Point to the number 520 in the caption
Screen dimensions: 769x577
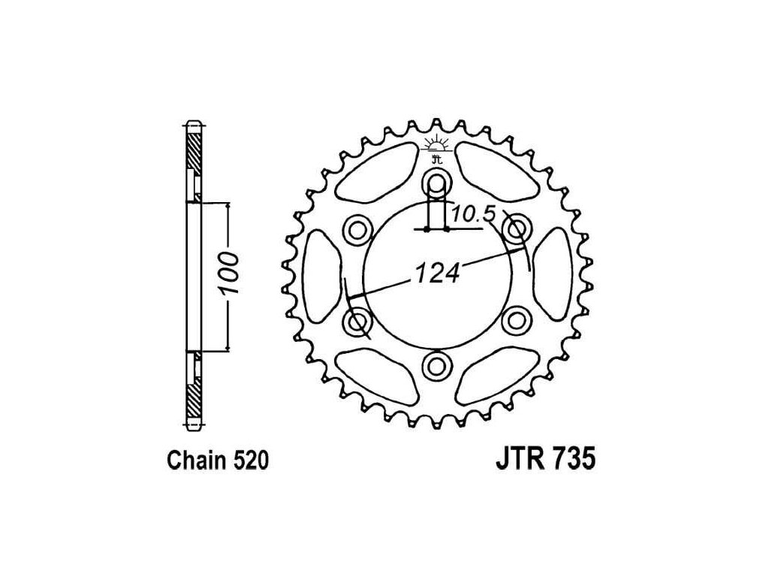click(x=251, y=461)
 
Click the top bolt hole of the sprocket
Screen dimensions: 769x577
click(x=436, y=183)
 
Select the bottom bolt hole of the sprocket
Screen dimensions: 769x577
click(x=436, y=364)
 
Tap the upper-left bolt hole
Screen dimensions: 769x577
click(x=357, y=228)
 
